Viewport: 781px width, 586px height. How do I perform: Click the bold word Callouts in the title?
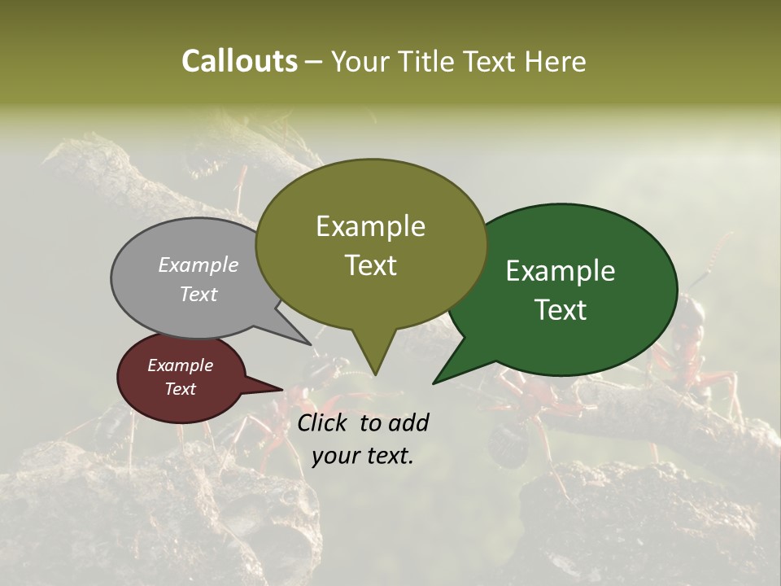click(x=239, y=61)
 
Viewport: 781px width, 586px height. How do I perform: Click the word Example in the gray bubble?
click(x=198, y=265)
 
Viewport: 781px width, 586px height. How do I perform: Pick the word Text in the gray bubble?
click(x=198, y=294)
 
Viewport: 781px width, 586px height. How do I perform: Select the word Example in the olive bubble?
click(x=370, y=226)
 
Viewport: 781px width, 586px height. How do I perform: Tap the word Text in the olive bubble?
click(x=370, y=265)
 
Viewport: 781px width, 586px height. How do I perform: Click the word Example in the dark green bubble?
click(x=561, y=271)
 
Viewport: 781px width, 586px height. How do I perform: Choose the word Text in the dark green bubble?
click(x=561, y=310)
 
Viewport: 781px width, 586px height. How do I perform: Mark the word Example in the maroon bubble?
click(x=180, y=365)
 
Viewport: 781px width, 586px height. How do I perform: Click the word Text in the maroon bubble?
click(x=180, y=389)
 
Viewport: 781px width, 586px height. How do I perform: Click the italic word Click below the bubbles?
click(x=324, y=422)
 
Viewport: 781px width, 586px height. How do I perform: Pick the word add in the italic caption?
click(x=408, y=422)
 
